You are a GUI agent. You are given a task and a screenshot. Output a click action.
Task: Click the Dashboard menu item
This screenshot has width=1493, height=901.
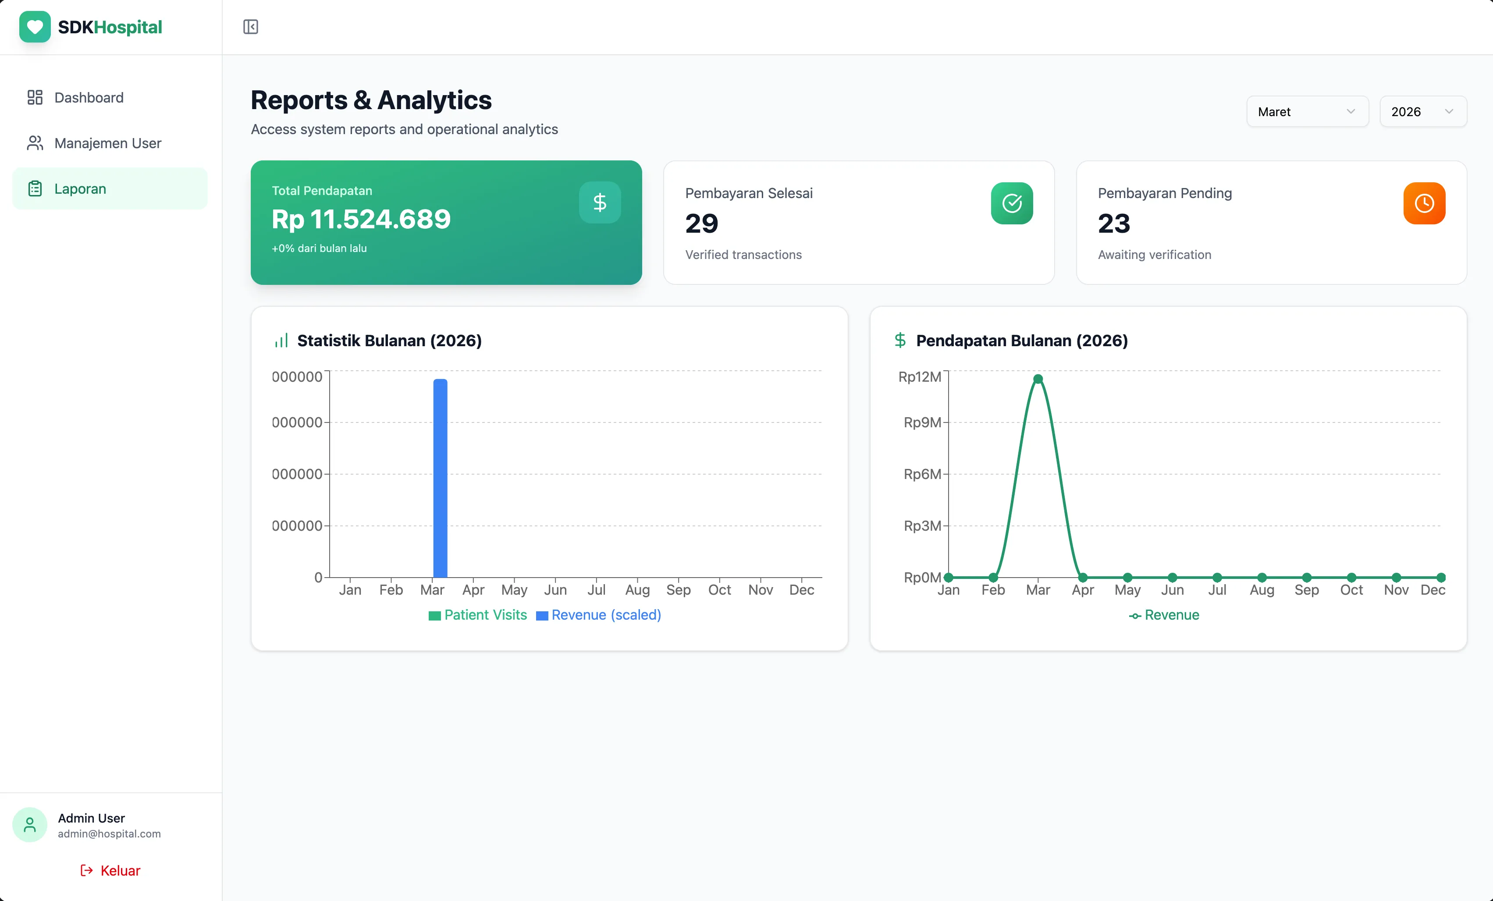(x=89, y=98)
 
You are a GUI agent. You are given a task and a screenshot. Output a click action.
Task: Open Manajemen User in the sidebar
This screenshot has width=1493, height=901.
(x=107, y=143)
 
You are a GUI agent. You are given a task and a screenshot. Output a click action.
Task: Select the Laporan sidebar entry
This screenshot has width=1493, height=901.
(x=79, y=188)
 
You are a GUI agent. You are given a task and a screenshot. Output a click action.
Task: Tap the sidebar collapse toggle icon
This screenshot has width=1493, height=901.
(x=250, y=27)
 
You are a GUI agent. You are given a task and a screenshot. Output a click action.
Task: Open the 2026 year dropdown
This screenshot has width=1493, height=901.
(x=1422, y=111)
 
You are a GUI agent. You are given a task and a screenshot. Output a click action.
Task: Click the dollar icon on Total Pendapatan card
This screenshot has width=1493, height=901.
(x=599, y=202)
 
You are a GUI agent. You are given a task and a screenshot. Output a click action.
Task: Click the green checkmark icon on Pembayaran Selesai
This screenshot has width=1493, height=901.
(x=1011, y=203)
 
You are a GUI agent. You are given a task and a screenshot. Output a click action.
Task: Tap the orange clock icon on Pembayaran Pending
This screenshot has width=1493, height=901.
(x=1423, y=203)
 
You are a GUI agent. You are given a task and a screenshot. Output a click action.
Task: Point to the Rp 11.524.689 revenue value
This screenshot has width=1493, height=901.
(x=361, y=220)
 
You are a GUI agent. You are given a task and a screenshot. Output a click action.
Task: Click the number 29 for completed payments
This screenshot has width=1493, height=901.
(x=701, y=223)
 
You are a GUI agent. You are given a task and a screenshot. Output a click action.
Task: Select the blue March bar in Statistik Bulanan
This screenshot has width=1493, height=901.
(x=440, y=479)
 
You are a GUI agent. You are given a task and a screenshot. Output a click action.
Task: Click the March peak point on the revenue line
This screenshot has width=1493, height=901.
(x=1038, y=379)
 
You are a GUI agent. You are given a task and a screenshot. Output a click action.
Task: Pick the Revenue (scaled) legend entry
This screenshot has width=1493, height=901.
(x=599, y=615)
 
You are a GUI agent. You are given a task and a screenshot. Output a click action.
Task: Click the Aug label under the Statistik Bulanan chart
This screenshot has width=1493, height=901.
(x=637, y=589)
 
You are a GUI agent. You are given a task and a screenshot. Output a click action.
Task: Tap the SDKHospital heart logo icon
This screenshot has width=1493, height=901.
(x=35, y=27)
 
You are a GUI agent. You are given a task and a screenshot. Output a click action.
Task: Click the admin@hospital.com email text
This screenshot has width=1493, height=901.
(x=109, y=834)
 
